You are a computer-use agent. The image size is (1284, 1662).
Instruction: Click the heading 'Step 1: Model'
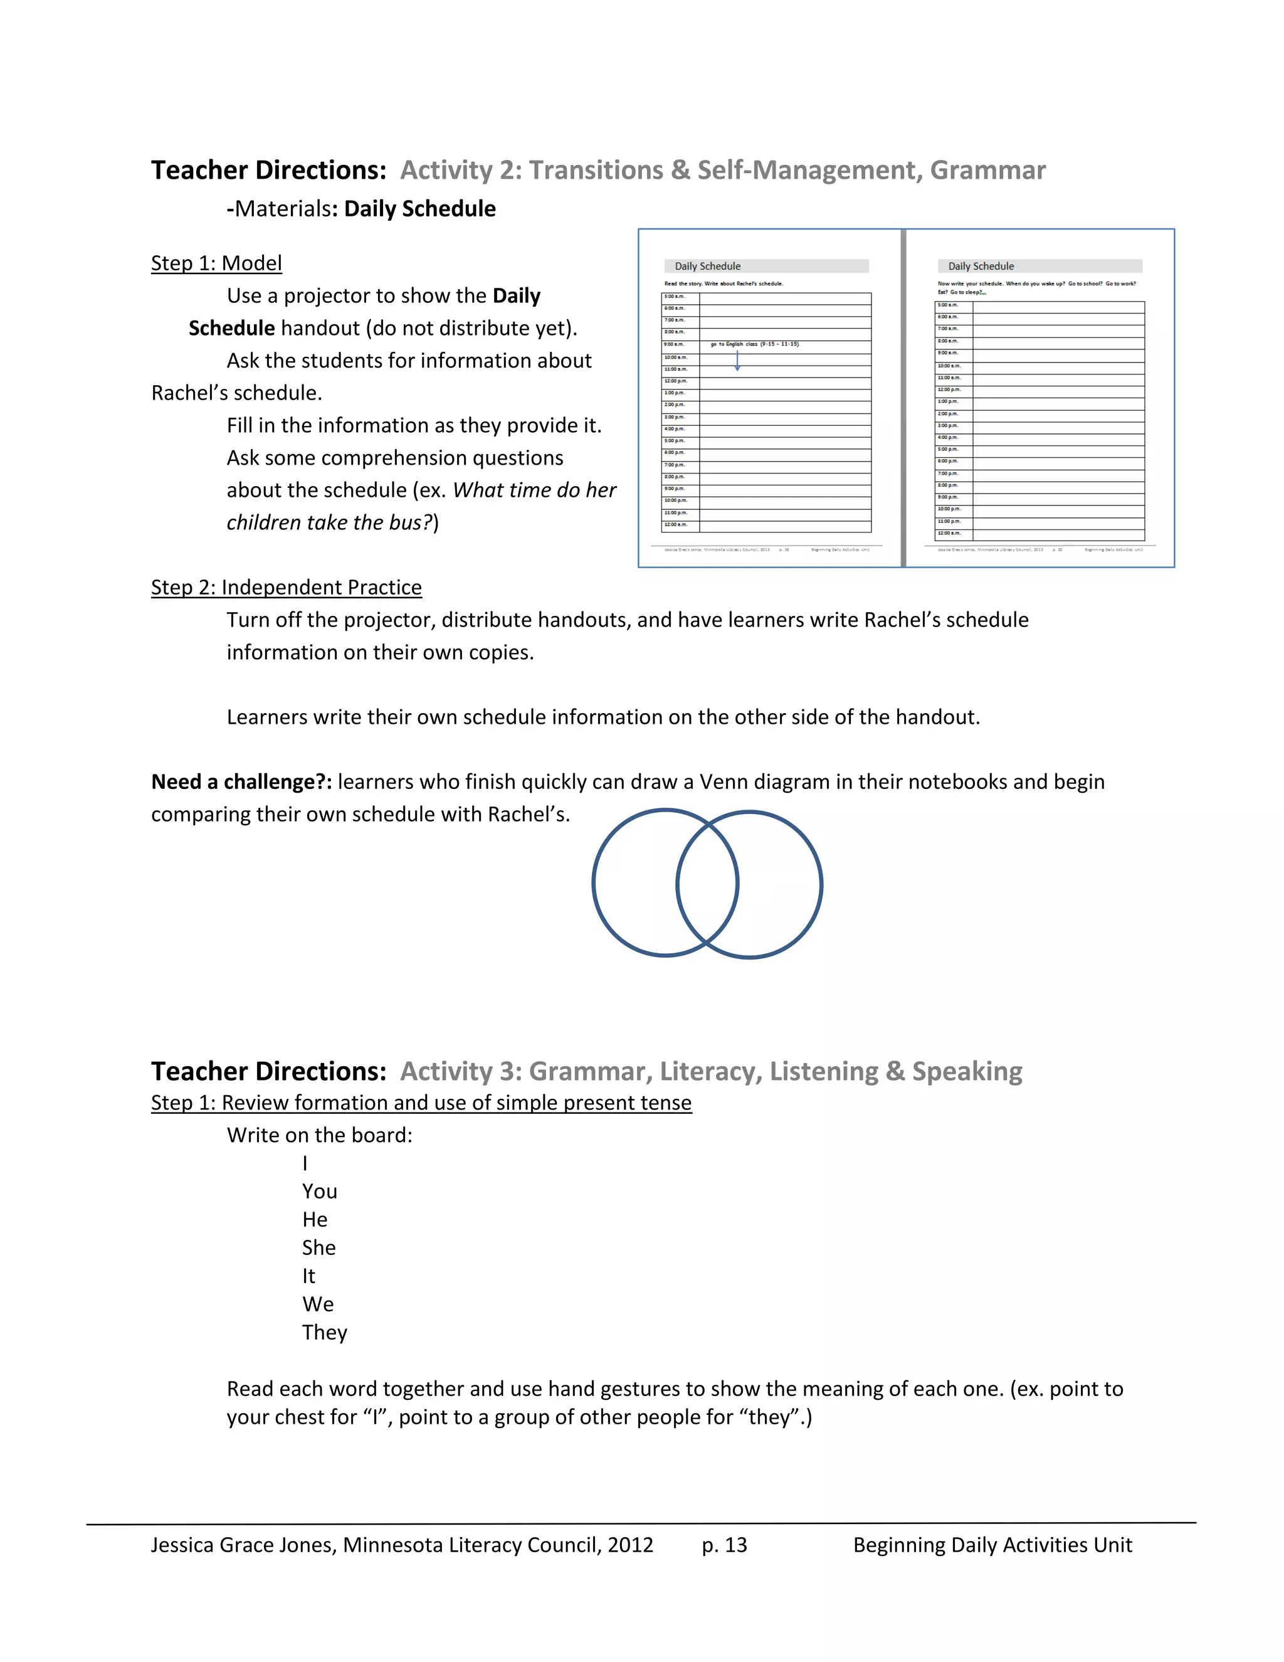pyautogui.click(x=216, y=263)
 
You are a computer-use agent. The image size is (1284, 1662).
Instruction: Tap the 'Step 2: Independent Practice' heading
pyautogui.click(x=286, y=588)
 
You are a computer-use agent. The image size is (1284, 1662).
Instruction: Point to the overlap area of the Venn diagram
pyautogui.click(x=707, y=884)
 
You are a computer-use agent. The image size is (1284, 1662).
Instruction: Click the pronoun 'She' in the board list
pyautogui.click(x=318, y=1248)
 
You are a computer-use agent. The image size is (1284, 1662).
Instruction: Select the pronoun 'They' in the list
pyautogui.click(x=324, y=1333)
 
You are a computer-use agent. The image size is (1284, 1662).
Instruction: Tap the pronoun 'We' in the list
pyautogui.click(x=318, y=1305)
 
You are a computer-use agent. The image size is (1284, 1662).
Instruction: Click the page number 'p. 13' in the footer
pyautogui.click(x=724, y=1545)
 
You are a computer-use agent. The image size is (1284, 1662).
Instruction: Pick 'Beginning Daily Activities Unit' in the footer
pyautogui.click(x=992, y=1545)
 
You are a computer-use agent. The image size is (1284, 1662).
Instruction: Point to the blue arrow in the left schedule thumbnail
pyautogui.click(x=737, y=360)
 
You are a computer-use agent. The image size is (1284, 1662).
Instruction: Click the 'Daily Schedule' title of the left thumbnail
pyautogui.click(x=707, y=267)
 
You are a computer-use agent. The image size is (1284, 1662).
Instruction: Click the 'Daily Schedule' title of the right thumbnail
pyautogui.click(x=981, y=267)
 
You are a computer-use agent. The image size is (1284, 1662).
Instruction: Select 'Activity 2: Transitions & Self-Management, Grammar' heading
pyautogui.click(x=723, y=171)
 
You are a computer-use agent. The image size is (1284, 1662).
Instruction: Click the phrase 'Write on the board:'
pyautogui.click(x=320, y=1135)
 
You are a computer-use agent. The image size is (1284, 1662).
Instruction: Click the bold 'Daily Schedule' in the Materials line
pyautogui.click(x=420, y=209)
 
